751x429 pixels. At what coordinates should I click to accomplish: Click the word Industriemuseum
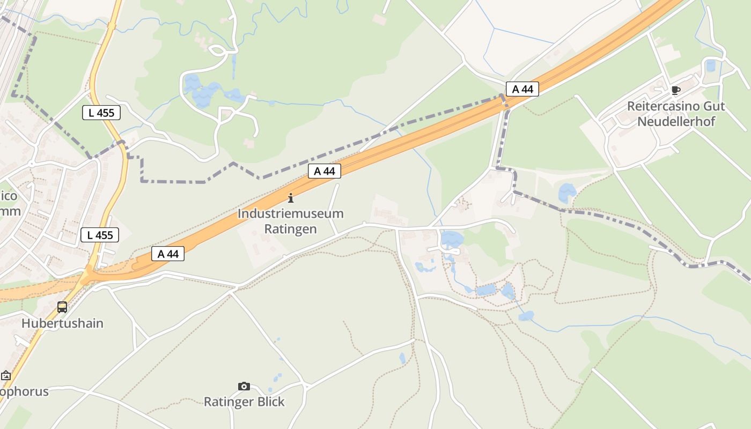pyautogui.click(x=290, y=213)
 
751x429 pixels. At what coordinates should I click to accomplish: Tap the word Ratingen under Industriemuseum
pyautogui.click(x=290, y=229)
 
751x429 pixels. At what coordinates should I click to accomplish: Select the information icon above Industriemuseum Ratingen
pyautogui.click(x=291, y=198)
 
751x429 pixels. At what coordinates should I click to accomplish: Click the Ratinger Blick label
pyautogui.click(x=244, y=402)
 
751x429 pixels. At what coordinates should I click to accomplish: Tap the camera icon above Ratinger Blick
pyautogui.click(x=244, y=386)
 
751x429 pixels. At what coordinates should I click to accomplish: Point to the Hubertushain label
pyautogui.click(x=62, y=323)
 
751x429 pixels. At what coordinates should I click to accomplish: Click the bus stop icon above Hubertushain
pyautogui.click(x=62, y=307)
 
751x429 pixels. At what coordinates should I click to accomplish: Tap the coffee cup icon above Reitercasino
pyautogui.click(x=675, y=90)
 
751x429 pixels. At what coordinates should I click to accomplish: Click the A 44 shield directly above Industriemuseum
pyautogui.click(x=325, y=171)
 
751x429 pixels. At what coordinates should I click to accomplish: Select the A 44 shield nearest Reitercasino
pyautogui.click(x=522, y=89)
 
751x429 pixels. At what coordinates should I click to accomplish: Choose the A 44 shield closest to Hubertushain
pyautogui.click(x=168, y=254)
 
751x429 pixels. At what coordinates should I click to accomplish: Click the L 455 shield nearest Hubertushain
pyautogui.click(x=100, y=235)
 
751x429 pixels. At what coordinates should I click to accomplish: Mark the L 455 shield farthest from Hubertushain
pyautogui.click(x=101, y=113)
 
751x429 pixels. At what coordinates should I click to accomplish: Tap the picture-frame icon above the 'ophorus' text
pyautogui.click(x=6, y=375)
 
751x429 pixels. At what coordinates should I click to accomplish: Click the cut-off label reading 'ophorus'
pyautogui.click(x=24, y=391)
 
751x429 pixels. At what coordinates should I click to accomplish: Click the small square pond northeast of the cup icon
pyautogui.click(x=711, y=66)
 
